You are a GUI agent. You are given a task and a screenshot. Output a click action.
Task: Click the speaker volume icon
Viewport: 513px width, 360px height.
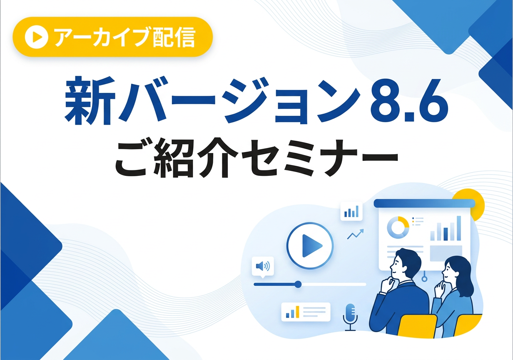coord(263,266)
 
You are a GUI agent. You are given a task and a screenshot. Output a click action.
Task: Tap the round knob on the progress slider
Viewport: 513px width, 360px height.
coord(298,284)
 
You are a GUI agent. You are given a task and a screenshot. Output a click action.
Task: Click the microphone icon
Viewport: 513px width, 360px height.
coord(350,314)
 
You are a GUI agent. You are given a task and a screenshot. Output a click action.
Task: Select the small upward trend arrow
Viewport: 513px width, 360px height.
coord(355,235)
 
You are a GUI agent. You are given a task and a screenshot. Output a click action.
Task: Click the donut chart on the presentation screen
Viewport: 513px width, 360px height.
coord(398,227)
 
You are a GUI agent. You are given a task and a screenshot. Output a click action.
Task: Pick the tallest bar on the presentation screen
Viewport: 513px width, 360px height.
coord(458,228)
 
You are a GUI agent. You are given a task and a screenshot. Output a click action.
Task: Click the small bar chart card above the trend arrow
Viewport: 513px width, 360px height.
coord(351,212)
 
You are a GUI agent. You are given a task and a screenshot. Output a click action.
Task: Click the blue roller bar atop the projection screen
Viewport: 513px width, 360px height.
coord(424,203)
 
